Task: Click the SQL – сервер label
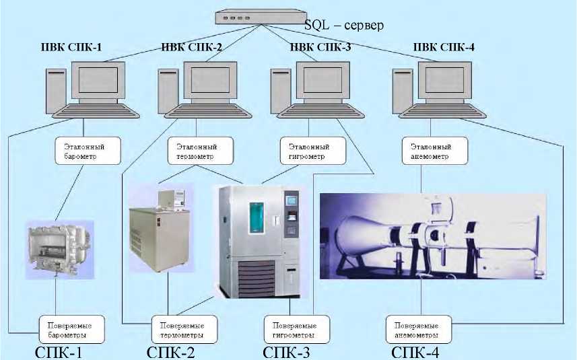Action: coord(343,26)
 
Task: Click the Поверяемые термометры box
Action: coord(184,327)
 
